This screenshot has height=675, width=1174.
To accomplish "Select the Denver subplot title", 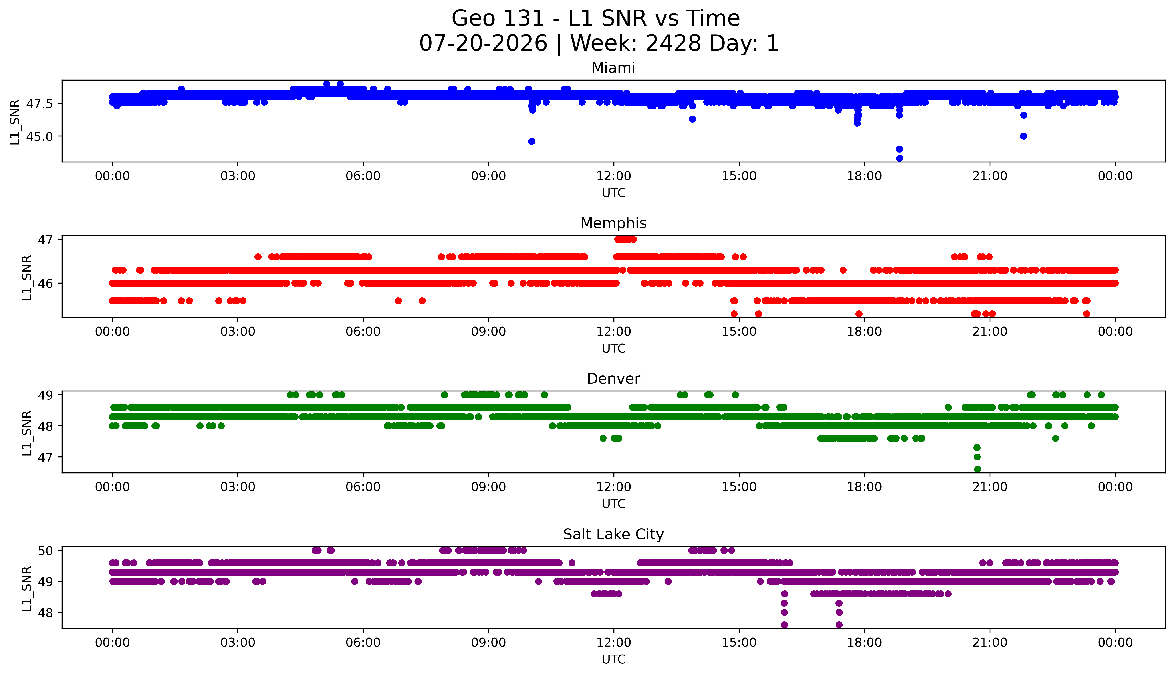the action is click(x=613, y=379).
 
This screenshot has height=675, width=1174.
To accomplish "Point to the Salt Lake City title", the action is click(x=613, y=535).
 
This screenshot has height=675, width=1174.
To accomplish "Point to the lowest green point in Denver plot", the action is click(x=978, y=469).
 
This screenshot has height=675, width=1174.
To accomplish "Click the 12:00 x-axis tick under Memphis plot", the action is click(x=614, y=331).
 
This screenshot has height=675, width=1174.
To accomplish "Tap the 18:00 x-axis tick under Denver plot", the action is click(x=865, y=487).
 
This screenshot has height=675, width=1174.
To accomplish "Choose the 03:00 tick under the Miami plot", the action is click(x=238, y=176).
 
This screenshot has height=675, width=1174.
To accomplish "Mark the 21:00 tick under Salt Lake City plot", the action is click(x=990, y=643).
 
